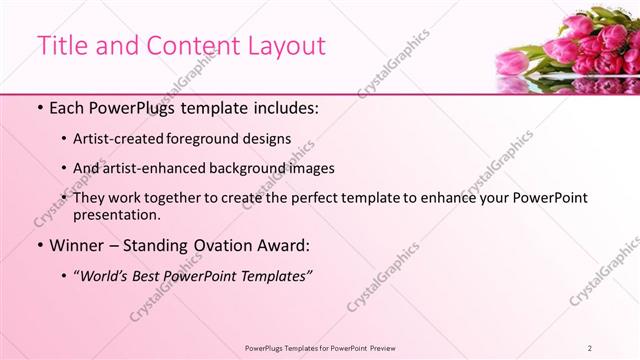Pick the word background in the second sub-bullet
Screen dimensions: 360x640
click(x=273, y=168)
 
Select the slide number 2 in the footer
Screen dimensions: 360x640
click(x=591, y=347)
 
